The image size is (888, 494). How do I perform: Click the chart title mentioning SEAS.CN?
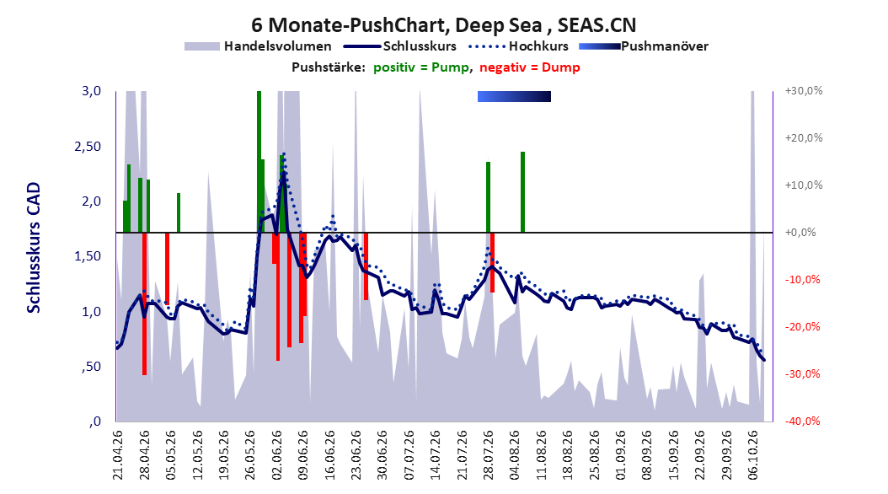click(443, 25)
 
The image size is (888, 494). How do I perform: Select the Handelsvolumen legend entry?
click(258, 46)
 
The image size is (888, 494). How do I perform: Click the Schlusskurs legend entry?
click(399, 46)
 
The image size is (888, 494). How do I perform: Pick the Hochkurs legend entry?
click(518, 46)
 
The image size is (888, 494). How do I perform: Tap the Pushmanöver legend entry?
click(644, 46)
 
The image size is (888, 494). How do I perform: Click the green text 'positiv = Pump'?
click(421, 67)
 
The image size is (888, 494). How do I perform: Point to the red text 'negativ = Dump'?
click(530, 67)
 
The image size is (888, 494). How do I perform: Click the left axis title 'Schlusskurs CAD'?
click(34, 248)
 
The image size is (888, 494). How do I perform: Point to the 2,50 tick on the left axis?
click(88, 146)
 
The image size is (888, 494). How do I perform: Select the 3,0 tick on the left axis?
click(91, 91)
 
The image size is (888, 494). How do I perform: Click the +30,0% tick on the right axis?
click(804, 91)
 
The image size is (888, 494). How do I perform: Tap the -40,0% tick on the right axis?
click(802, 421)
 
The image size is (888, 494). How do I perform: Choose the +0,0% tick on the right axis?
click(800, 233)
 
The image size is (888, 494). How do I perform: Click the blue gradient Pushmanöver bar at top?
click(514, 97)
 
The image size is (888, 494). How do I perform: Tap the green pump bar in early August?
click(522, 192)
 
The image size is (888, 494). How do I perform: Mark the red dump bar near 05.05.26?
click(167, 269)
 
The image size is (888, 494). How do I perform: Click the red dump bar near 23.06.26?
click(366, 266)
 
